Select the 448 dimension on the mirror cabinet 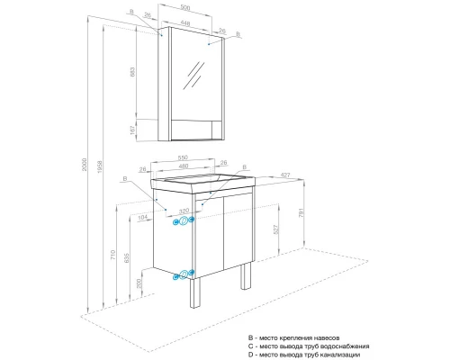pyautogui.click(x=184, y=24)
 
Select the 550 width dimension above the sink pyautogui.click(x=184, y=156)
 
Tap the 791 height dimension pyautogui.click(x=311, y=214)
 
